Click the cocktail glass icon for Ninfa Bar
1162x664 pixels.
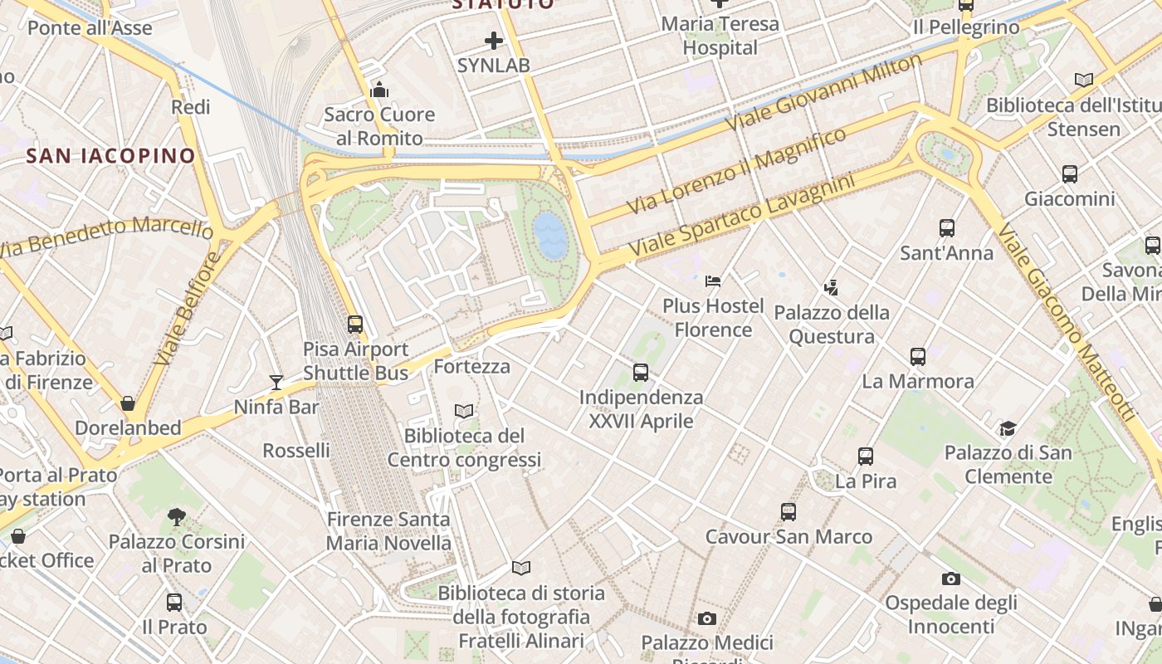276,382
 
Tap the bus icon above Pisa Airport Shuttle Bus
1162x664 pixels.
355,325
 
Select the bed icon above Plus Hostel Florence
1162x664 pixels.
713,281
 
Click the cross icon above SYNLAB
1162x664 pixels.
494,40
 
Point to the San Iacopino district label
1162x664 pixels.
110,155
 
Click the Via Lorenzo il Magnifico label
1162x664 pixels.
737,170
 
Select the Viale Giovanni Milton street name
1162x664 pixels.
824,91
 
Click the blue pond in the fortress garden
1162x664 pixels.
550,233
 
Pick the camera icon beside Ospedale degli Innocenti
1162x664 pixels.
950,579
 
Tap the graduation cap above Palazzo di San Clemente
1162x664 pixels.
1008,428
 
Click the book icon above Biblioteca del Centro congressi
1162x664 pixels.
464,411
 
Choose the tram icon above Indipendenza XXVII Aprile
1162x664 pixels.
641,373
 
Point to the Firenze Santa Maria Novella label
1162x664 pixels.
388,531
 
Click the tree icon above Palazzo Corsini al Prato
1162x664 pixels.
176,517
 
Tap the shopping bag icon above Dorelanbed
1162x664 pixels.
128,403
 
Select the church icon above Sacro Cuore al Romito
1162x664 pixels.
379,90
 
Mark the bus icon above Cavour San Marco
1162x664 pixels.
788,512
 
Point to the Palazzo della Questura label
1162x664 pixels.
832,325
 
